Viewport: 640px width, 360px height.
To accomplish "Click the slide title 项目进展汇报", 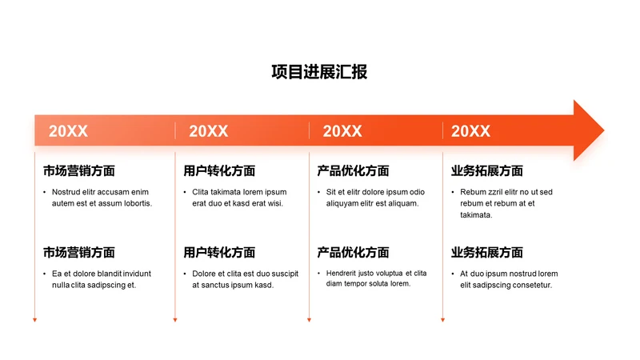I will (319, 72).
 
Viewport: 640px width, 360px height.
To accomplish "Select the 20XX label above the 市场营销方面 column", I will (68, 131).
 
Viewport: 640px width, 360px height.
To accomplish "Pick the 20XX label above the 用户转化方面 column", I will (208, 131).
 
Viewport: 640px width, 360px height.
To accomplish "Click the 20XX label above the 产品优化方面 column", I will (342, 131).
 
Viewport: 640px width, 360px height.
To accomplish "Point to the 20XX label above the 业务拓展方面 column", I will (470, 131).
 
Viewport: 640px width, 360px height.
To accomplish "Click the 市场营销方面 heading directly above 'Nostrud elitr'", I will (79, 170).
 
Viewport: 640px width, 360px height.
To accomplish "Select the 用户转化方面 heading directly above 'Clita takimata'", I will (219, 170).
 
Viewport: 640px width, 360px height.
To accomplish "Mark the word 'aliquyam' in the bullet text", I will (345, 203).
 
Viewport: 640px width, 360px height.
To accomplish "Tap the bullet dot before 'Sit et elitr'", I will (318, 192).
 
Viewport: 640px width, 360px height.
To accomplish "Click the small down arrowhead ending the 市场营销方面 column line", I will (35, 320).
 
